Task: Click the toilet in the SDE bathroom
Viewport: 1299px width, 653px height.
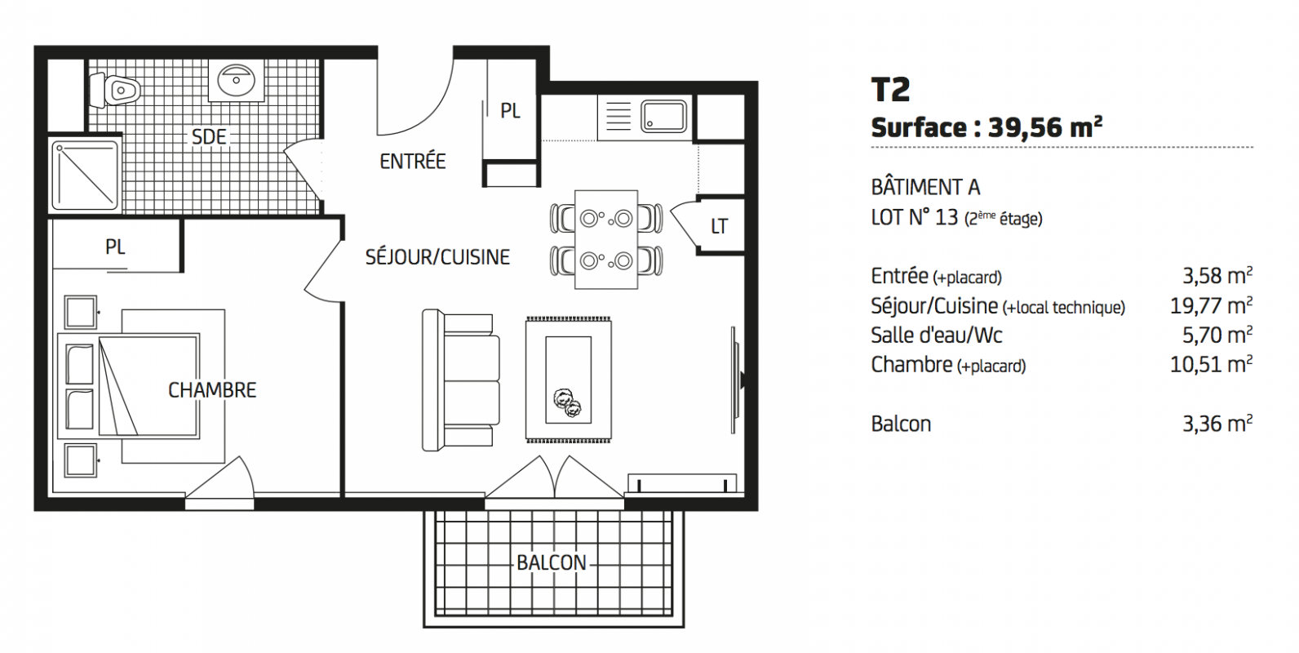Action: pyautogui.click(x=115, y=90)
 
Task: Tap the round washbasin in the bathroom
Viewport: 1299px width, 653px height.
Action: pyautogui.click(x=236, y=81)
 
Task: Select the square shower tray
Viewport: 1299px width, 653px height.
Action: pyautogui.click(x=85, y=175)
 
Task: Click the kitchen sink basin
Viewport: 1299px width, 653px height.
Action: pyautogui.click(x=664, y=116)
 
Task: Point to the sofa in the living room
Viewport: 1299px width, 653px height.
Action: pyautogui.click(x=460, y=380)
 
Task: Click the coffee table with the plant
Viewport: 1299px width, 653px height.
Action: pyautogui.click(x=568, y=380)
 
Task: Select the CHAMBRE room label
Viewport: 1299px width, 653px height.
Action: pyautogui.click(x=212, y=390)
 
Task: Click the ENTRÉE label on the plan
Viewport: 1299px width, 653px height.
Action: pyautogui.click(x=412, y=161)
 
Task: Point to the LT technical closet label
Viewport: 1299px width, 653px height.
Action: pyautogui.click(x=719, y=226)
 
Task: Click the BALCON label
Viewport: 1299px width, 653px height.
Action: pyautogui.click(x=552, y=562)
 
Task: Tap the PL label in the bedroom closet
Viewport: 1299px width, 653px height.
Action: pyautogui.click(x=115, y=247)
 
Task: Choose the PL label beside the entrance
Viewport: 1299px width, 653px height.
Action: pyautogui.click(x=510, y=111)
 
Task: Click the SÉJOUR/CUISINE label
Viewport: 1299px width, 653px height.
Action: pyautogui.click(x=437, y=257)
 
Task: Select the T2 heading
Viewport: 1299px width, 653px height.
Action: pyautogui.click(x=890, y=89)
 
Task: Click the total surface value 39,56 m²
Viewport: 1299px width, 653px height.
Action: pyautogui.click(x=1045, y=127)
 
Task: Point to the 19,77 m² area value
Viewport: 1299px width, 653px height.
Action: pyautogui.click(x=1211, y=305)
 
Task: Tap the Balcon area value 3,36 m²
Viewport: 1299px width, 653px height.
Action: pyautogui.click(x=1217, y=424)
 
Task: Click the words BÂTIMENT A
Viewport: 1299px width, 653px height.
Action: pyautogui.click(x=925, y=187)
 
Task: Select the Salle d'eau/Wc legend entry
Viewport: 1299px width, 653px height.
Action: pyautogui.click(x=937, y=335)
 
